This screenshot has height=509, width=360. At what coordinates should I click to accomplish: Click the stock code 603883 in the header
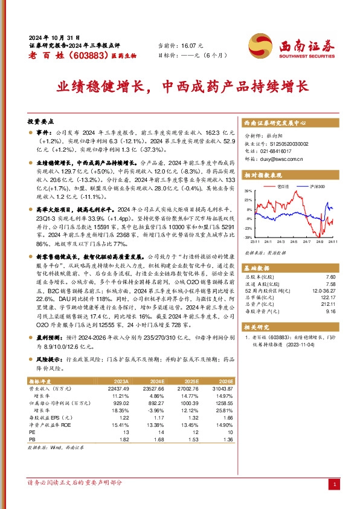coord(74,55)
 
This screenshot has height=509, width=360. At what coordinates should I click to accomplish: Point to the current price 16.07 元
coord(193,45)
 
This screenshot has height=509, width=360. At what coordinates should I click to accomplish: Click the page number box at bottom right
coord(335,484)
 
